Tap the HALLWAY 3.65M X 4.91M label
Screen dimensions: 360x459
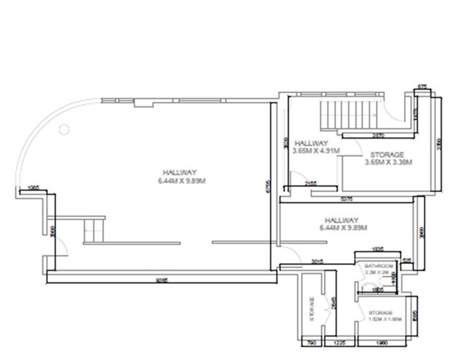315,147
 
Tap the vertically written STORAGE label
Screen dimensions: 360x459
312,308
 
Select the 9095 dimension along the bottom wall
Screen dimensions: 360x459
161,281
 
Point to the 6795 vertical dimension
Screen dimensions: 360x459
266,187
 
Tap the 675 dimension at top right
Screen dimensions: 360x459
422,86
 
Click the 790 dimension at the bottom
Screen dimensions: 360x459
310,343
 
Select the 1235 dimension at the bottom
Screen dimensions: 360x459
340,343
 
